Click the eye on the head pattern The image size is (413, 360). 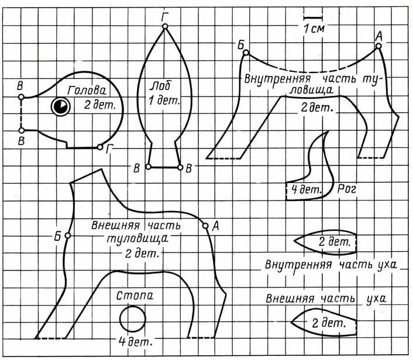pyautogui.click(x=60, y=106)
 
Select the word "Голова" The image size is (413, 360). pyautogui.click(x=86, y=92)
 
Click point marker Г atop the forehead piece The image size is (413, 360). pyautogui.click(x=166, y=26)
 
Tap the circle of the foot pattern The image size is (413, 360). pyautogui.click(x=133, y=319)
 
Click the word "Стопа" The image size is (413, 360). pyautogui.click(x=135, y=296)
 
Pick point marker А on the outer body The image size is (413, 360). pyautogui.click(x=205, y=226)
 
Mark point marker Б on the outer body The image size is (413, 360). pyautogui.click(x=68, y=236)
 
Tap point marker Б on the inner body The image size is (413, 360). pyautogui.click(x=246, y=53)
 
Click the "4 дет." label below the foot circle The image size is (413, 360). pyautogui.click(x=132, y=341)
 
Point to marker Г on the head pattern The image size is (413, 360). pyautogui.click(x=100, y=147)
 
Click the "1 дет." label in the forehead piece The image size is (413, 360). pyautogui.click(x=164, y=101)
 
